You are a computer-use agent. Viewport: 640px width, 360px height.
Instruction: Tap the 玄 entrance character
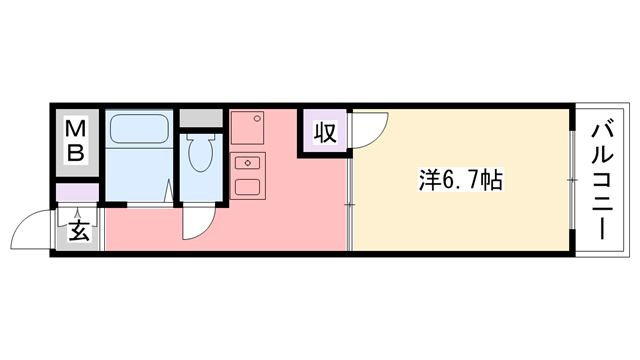(x=77, y=232)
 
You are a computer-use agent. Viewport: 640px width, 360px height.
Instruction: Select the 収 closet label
(x=325, y=132)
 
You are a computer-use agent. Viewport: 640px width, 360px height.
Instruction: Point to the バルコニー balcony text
(x=603, y=177)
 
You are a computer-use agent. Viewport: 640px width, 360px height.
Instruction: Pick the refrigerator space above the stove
(x=247, y=128)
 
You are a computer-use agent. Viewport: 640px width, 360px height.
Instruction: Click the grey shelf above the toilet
(x=200, y=117)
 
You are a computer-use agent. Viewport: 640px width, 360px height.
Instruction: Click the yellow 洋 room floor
(x=460, y=220)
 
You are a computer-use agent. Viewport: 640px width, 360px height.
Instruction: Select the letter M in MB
(x=76, y=130)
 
